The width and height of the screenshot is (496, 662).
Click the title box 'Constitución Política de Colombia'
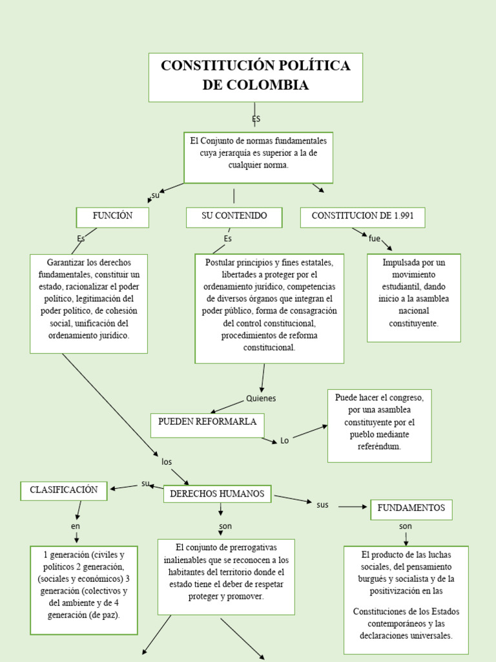coord(255,77)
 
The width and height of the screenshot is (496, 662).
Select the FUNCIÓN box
coord(112,217)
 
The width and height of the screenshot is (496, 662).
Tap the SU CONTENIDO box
coord(234,217)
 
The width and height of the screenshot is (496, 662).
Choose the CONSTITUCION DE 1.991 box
coord(362,217)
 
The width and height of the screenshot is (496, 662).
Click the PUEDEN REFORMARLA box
coord(207,422)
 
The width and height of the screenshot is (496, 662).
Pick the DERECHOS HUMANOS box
coord(217,494)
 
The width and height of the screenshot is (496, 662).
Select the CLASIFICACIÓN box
coord(64,490)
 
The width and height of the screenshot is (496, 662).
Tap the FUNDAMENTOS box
coord(411,509)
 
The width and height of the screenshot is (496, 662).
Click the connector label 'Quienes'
coord(261,398)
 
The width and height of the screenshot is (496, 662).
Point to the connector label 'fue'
coord(375,239)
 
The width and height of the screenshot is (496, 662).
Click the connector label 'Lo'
coord(284,441)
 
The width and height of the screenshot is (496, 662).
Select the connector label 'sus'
coord(323,505)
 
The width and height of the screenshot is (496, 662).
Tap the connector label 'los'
coord(167,462)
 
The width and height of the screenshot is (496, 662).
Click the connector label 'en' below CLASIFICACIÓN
coord(76,526)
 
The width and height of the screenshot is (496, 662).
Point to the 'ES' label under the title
coord(256,120)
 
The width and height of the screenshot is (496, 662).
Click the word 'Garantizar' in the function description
coord(67,262)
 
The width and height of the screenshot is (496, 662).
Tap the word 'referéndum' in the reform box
coord(379,446)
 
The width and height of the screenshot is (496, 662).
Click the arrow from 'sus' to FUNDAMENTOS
coord(353,507)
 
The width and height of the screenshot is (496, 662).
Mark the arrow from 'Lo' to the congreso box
coord(311,432)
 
